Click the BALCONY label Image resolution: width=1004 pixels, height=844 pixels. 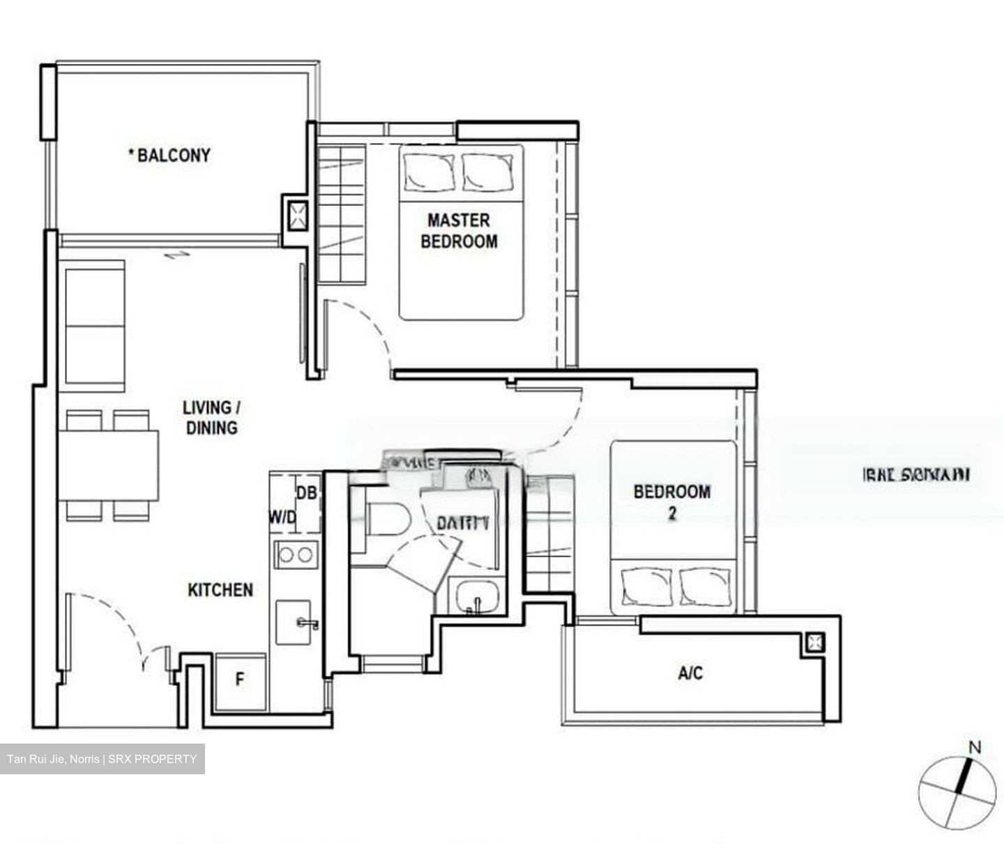click(x=169, y=155)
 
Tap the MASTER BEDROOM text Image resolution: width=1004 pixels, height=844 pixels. click(x=459, y=231)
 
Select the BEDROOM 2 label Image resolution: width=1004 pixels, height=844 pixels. click(x=671, y=502)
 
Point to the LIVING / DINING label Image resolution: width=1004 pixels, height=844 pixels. click(x=211, y=417)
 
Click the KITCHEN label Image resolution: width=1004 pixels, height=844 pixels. click(x=220, y=590)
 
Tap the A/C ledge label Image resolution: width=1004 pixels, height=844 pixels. click(x=690, y=673)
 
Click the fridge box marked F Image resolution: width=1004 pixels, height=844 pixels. click(x=240, y=679)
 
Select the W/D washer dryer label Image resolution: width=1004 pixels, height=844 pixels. click(x=283, y=518)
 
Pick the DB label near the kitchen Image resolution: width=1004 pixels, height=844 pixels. click(x=306, y=492)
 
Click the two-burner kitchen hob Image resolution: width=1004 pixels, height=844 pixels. click(x=296, y=555)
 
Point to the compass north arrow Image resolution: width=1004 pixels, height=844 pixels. click(x=965, y=775)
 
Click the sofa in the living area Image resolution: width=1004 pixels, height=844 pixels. click(x=94, y=323)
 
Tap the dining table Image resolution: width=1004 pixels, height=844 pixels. click(x=108, y=465)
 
